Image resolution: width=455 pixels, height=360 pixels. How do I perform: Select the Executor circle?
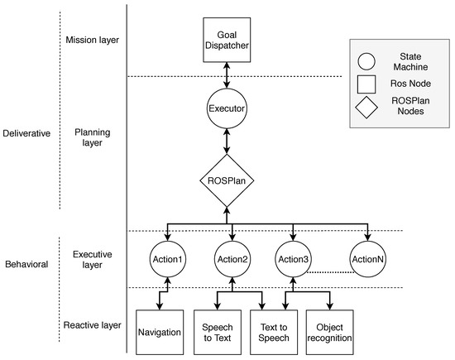click(227, 108)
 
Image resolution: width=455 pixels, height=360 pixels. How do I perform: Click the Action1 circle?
click(168, 260)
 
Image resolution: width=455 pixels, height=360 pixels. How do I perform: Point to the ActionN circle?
click(367, 260)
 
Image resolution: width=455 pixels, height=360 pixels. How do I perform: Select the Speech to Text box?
click(217, 329)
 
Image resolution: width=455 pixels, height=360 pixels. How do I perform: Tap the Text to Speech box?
click(273, 329)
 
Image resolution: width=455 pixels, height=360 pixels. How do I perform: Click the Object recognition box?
click(330, 329)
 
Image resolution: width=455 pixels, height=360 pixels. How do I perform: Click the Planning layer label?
click(91, 137)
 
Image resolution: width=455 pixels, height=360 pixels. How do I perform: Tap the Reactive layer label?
click(93, 326)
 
